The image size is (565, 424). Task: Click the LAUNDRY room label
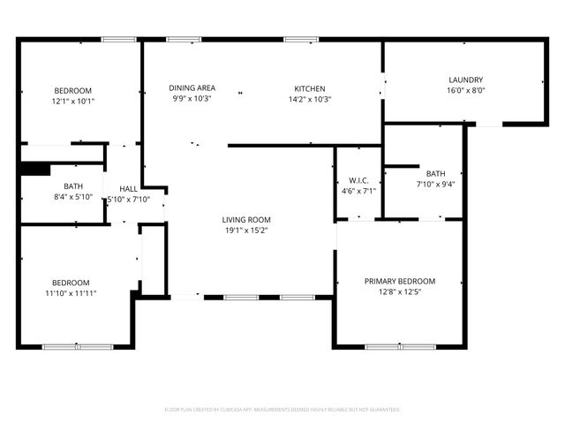pos(465,79)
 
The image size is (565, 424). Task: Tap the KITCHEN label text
pos(310,88)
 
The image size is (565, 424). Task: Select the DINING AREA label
pos(192,88)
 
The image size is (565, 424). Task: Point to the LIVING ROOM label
pos(245,220)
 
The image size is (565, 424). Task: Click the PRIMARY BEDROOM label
pos(400,282)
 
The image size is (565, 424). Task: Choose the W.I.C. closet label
pos(358,179)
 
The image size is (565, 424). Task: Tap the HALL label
pos(129,189)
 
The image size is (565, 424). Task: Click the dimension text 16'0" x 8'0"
pos(465,90)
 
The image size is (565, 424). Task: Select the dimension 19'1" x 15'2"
pos(245,231)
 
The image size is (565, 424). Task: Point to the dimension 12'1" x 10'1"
pos(73,101)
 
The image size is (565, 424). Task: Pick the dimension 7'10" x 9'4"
pos(435,184)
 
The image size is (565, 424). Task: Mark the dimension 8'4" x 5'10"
pos(72,196)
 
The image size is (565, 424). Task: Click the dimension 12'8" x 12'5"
pos(400,292)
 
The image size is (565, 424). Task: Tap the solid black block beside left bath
pos(35,170)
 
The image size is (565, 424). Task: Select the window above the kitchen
pos(301,39)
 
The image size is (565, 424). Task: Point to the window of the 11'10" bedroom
pos(66,346)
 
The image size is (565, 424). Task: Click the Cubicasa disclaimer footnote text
pos(282,410)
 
